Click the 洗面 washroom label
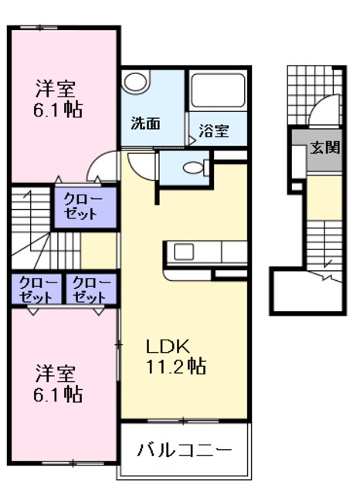(145, 123)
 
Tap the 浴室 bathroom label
(212, 130)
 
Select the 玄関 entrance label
(325, 147)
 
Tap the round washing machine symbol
(137, 82)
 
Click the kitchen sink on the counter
(185, 252)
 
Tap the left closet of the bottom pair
(37, 289)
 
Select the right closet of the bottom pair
(90, 289)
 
